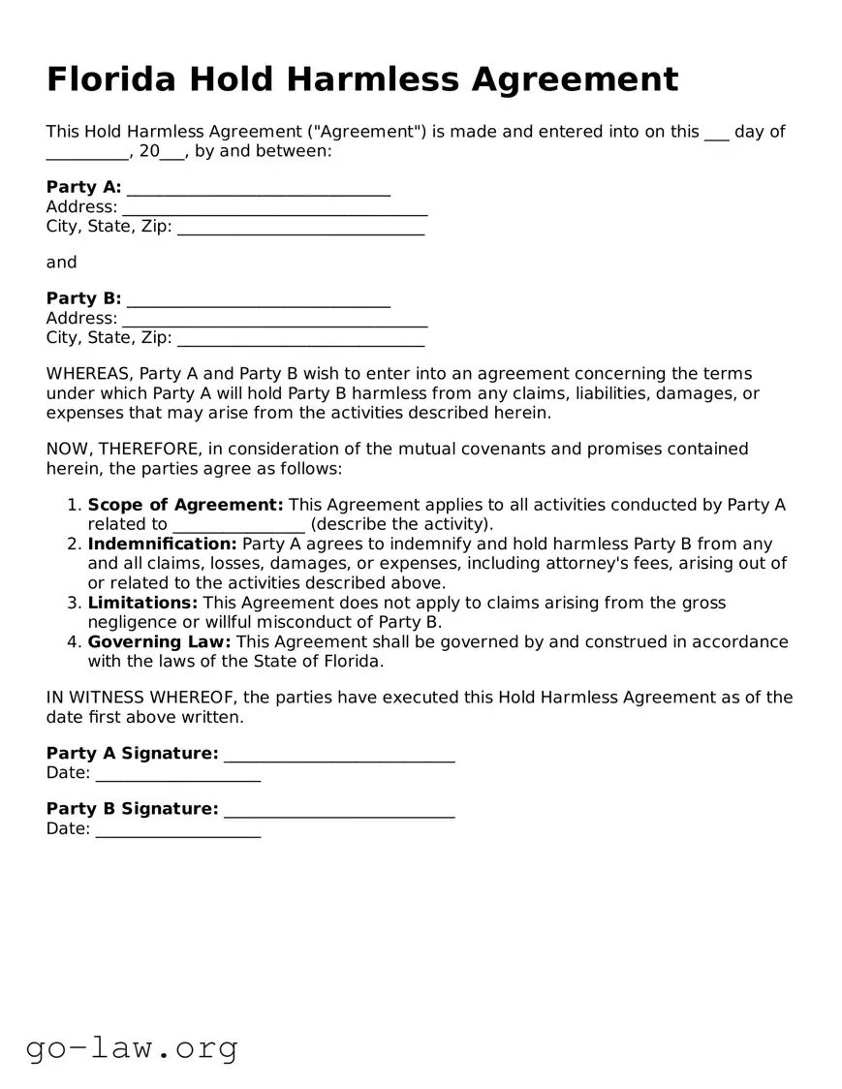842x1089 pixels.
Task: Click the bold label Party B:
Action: click(x=83, y=298)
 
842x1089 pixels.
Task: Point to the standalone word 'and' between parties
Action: click(x=61, y=263)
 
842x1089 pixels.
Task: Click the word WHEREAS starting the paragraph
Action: click(x=89, y=374)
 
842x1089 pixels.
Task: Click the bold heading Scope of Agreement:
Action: click(x=185, y=505)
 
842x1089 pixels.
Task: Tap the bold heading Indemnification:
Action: click(x=162, y=544)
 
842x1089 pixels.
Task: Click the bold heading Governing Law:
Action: click(x=159, y=642)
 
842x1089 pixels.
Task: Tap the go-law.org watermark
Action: click(x=132, y=1047)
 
